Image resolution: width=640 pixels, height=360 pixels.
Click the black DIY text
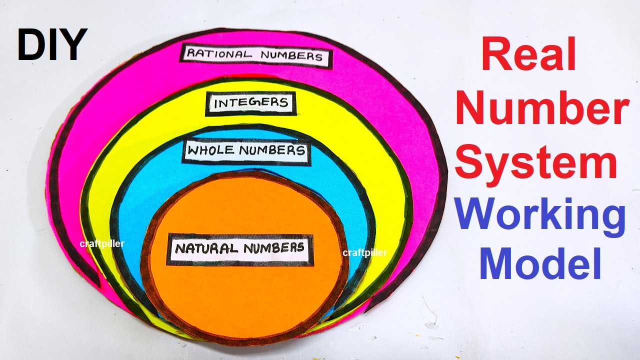52,44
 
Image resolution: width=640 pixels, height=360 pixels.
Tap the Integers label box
251,103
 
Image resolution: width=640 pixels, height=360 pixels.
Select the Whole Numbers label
247,150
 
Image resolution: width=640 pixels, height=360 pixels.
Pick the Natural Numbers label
240,249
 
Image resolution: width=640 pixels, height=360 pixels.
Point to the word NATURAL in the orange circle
206,248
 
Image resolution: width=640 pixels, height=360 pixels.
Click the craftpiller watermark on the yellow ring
102,244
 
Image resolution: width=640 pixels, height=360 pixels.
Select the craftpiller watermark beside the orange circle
365,252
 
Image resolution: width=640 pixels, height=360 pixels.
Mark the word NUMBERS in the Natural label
274,248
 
